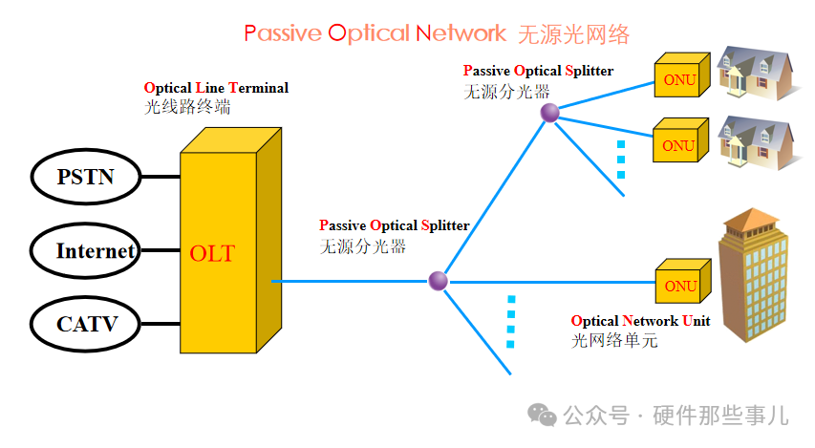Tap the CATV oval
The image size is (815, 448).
86,324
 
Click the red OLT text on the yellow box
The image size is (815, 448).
212,254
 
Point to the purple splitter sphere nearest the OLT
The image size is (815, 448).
438,281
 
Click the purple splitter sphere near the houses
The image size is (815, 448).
549,114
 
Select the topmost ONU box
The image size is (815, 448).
680,78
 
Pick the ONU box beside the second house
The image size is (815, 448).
679,144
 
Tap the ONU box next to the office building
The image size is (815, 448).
681,284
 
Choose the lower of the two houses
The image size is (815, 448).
757,139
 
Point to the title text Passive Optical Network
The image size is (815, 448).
375,33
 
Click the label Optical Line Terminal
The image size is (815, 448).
216,88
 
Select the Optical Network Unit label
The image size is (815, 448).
640,321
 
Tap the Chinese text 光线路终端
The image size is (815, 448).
187,107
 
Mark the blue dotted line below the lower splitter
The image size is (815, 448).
511,320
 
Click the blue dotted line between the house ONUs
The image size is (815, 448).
621,160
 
